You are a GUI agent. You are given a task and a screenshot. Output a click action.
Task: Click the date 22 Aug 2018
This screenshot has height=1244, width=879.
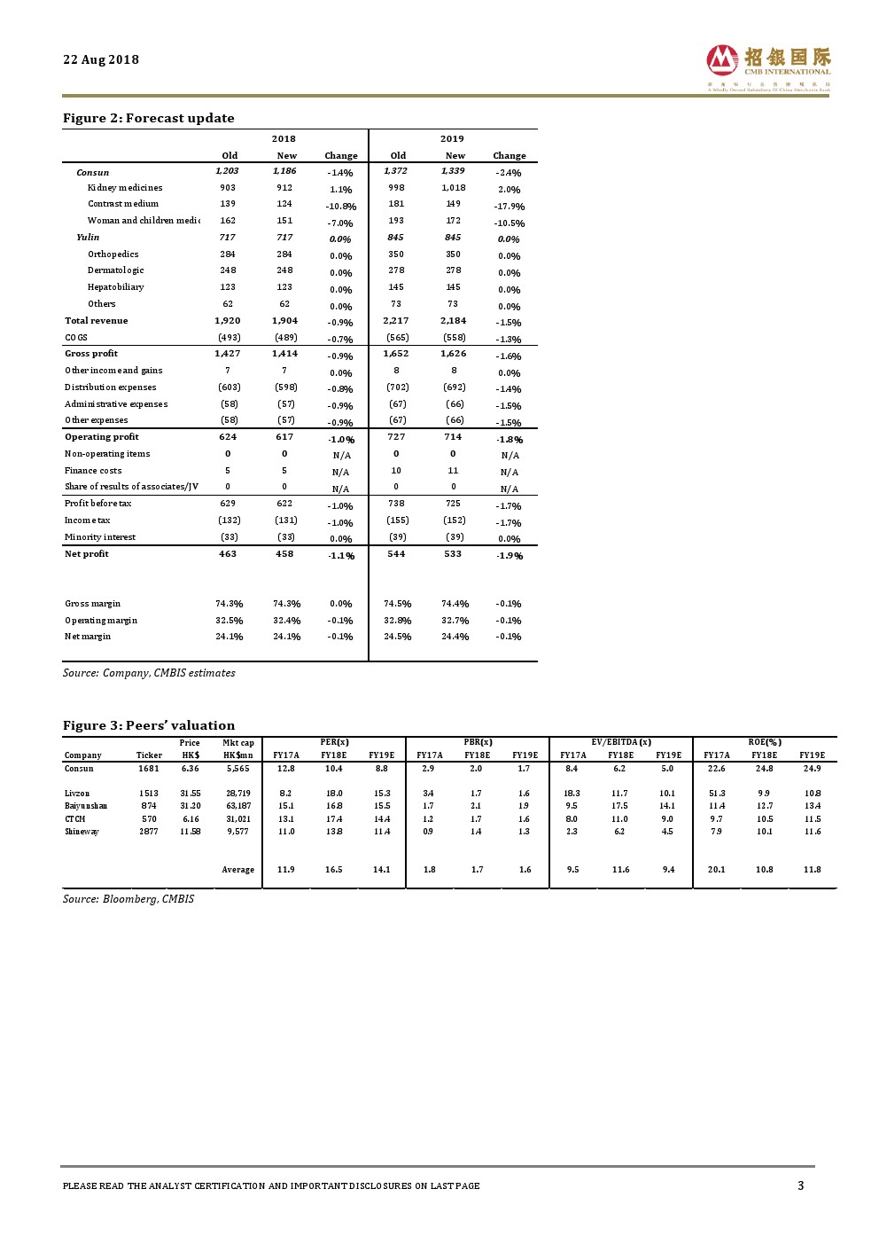pos(101,59)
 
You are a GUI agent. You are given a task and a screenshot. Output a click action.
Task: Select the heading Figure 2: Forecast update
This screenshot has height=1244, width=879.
pos(149,118)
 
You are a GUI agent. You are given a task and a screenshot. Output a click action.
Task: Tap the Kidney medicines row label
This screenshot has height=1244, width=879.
pos(125,188)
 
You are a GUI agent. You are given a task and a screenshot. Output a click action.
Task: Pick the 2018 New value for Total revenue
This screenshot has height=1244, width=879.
pos(284,321)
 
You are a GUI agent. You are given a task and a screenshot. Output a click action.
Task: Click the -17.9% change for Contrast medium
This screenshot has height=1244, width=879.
pos(510,207)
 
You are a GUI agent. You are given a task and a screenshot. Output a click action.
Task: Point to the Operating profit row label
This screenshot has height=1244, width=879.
pos(102,437)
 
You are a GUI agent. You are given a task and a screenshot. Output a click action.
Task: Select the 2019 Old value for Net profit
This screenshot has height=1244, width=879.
pos(396,554)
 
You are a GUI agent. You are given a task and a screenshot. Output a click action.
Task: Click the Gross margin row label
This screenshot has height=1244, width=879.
pos(93,604)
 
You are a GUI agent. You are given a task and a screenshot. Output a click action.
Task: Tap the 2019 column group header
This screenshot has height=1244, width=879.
pos(452,139)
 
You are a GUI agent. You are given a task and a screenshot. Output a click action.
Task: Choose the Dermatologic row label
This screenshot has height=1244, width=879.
pos(116,270)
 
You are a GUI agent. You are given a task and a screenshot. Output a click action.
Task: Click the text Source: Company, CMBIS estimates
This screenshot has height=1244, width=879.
pos(149,673)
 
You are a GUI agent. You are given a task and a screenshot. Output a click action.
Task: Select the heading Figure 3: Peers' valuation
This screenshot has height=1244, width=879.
pos(149,725)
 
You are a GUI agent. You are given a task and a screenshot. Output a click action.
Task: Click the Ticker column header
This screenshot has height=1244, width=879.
pos(149,755)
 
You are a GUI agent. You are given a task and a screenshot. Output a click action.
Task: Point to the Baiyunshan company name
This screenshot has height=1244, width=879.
pos(86,806)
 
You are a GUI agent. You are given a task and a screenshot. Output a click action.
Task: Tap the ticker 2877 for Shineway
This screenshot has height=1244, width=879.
pos(149,832)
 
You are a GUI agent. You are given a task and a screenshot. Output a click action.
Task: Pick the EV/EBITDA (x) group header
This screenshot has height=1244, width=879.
pos(621,742)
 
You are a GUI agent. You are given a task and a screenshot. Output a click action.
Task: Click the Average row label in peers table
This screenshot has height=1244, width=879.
pos(237,870)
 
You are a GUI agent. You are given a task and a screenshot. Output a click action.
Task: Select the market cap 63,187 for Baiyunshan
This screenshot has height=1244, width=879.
pos(238,806)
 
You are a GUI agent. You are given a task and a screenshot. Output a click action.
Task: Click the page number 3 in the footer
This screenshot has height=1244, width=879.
pos(801,1185)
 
